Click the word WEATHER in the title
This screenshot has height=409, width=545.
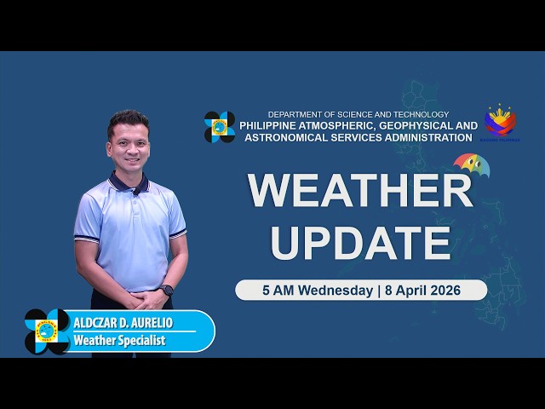[360, 191]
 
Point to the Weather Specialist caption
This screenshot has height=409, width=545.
[119, 341]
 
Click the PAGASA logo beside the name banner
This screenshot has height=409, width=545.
[47, 331]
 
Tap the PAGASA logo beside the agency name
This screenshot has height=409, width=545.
[220, 127]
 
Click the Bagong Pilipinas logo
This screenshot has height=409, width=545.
[500, 123]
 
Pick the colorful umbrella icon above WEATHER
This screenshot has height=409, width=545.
[471, 163]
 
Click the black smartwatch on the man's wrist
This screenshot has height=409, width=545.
[167, 290]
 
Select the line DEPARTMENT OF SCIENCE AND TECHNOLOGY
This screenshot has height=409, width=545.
[359, 114]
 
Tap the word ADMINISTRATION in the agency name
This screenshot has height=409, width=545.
[417, 137]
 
